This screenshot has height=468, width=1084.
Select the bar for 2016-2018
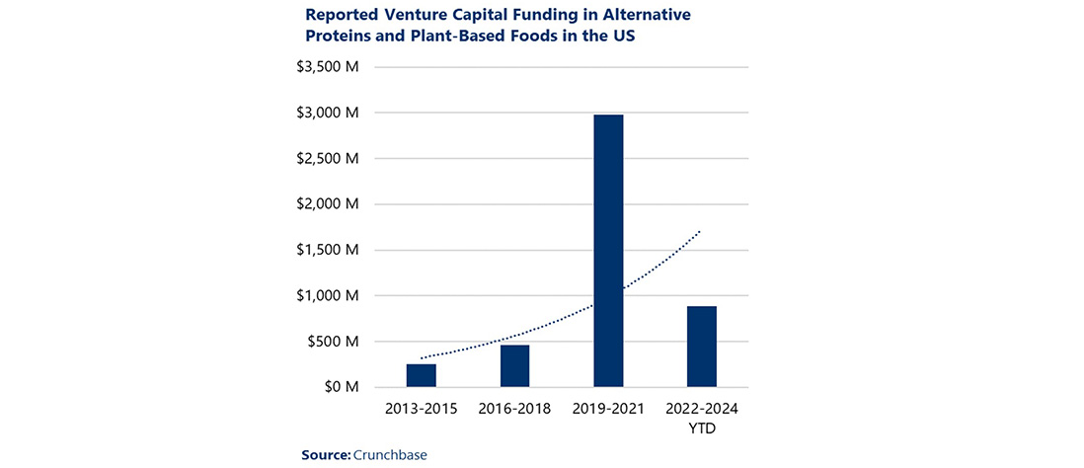pyautogui.click(x=514, y=365)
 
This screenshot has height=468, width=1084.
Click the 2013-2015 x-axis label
pyautogui.click(x=422, y=408)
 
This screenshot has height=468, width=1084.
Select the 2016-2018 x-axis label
pyautogui.click(x=514, y=408)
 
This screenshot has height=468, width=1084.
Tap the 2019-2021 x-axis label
pyautogui.click(x=608, y=408)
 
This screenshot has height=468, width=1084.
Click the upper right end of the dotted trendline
pyautogui.click(x=701, y=231)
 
